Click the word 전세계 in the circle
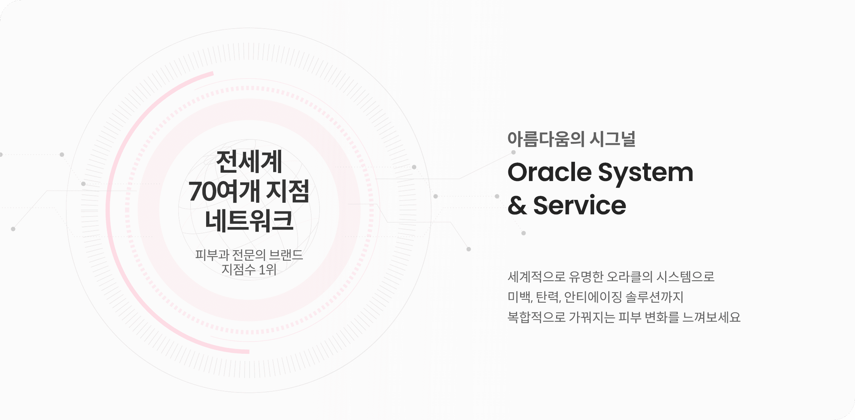[249, 161]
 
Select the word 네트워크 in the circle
[249, 220]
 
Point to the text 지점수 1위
[249, 269]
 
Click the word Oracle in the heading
[550, 172]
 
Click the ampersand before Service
[517, 205]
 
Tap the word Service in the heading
[580, 205]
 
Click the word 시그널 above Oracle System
[613, 139]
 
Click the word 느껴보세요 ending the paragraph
[712, 317]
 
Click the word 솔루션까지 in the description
[655, 297]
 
